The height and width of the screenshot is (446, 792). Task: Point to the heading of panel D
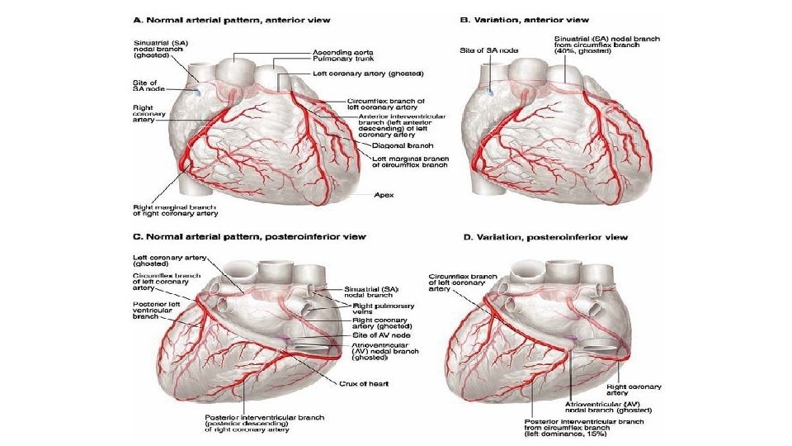544,237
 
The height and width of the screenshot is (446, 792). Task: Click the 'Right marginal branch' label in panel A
176,210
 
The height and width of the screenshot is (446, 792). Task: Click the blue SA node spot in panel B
488,92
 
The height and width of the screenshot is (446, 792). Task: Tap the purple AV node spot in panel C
284,339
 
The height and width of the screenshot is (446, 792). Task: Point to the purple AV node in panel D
572,339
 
